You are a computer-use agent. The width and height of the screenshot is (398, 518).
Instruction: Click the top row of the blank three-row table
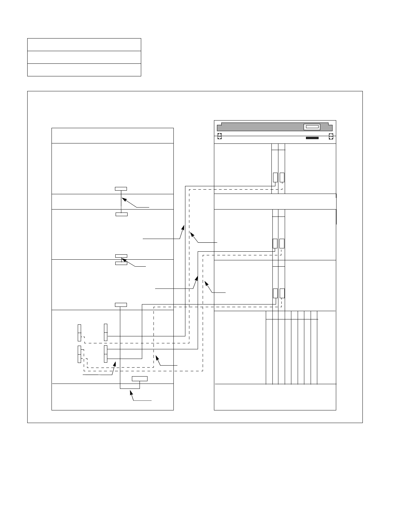84,44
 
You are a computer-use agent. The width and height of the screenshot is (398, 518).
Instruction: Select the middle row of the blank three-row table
84,57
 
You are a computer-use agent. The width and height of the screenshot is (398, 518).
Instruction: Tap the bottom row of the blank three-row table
84,70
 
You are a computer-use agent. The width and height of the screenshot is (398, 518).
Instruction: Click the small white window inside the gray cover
312,127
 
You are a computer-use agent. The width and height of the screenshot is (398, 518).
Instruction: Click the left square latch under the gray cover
219,136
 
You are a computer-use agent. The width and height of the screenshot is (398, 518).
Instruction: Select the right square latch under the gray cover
331,136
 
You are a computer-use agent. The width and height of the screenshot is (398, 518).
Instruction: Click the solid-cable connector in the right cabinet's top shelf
275,177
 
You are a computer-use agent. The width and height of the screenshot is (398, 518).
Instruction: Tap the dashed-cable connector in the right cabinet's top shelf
282,177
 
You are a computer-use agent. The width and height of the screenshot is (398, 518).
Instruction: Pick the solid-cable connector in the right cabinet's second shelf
275,243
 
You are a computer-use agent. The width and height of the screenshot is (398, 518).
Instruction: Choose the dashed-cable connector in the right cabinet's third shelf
282,294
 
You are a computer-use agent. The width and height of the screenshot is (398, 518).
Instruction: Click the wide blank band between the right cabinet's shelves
275,202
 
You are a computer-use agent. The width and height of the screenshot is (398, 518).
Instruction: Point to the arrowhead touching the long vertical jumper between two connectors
123,199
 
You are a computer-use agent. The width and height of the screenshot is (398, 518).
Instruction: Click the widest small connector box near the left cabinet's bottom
140,379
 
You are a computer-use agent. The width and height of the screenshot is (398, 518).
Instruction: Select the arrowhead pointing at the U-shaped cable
132,392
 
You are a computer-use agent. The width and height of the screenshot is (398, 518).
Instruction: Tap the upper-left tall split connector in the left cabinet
79,332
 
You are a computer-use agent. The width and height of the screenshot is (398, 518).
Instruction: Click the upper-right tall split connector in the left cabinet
106,332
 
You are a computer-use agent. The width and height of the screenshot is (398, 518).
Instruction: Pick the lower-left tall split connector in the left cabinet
79,354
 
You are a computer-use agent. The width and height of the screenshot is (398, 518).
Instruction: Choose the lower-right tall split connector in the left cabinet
106,354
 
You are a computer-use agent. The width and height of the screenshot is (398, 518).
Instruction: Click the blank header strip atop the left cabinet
113,135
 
